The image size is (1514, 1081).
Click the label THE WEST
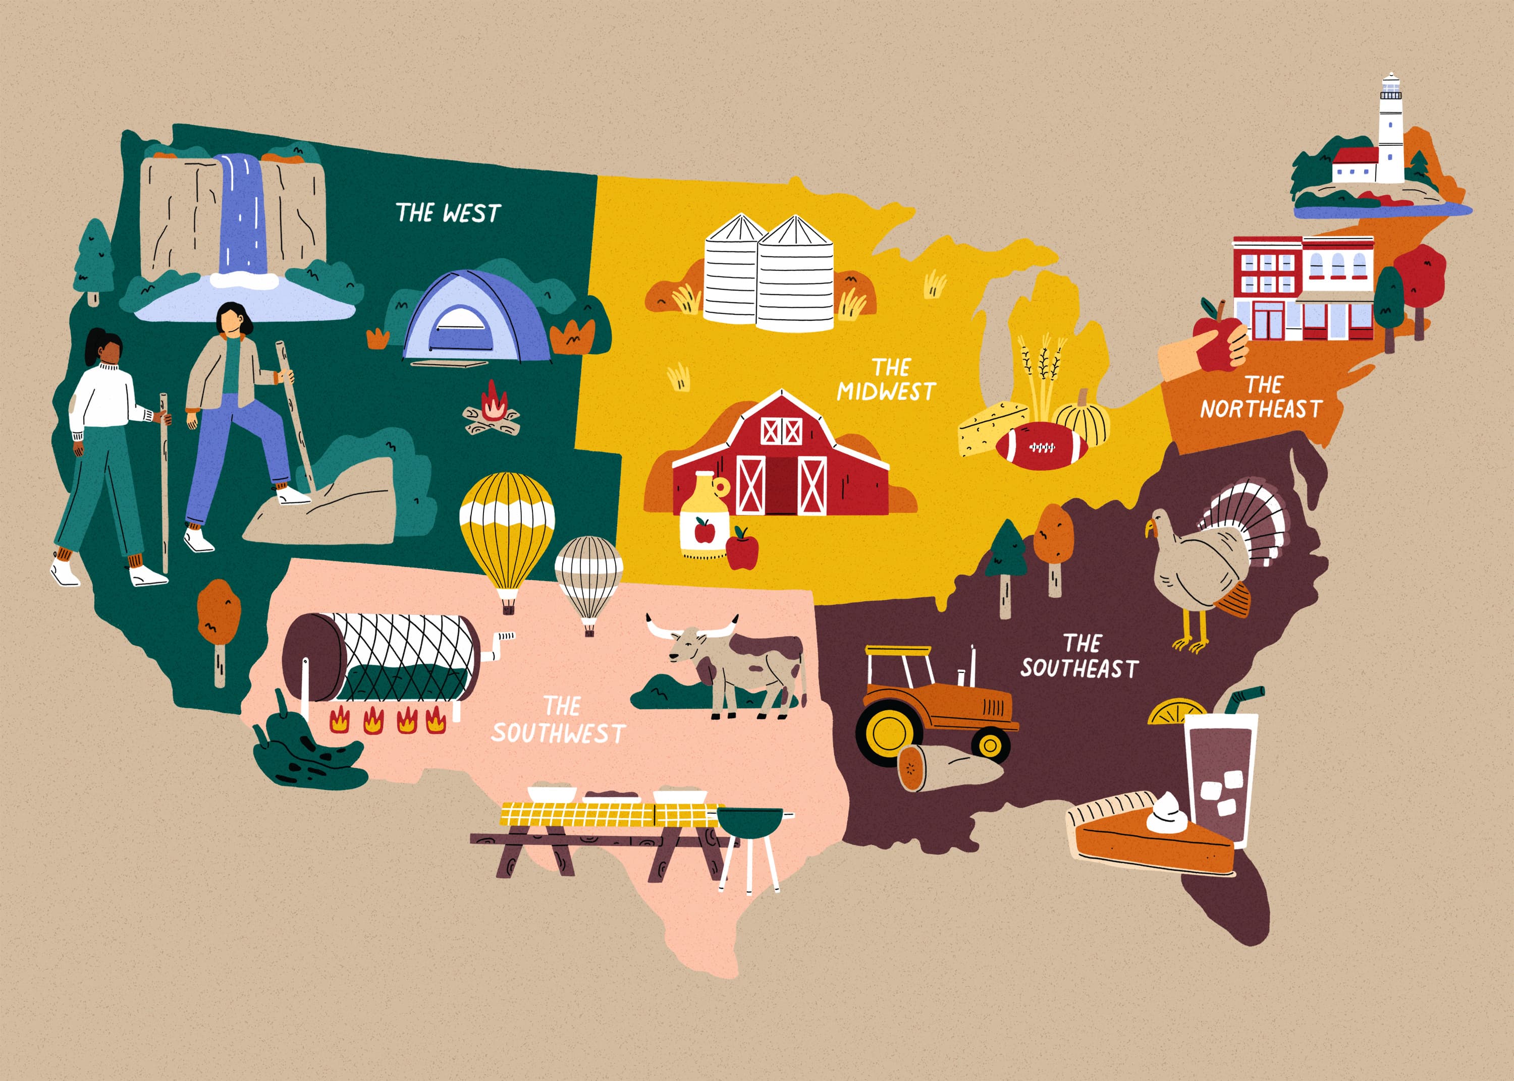pyautogui.click(x=448, y=213)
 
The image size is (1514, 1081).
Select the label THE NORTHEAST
pyautogui.click(x=1260, y=397)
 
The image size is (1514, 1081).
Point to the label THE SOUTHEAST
pyautogui.click(x=1079, y=656)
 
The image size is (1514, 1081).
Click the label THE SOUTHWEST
pyautogui.click(x=558, y=720)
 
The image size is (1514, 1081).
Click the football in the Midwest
pyautogui.click(x=1041, y=446)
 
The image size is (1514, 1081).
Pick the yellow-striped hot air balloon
pyautogui.click(x=507, y=526)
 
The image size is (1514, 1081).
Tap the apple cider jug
pyautogui.click(x=703, y=516)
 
